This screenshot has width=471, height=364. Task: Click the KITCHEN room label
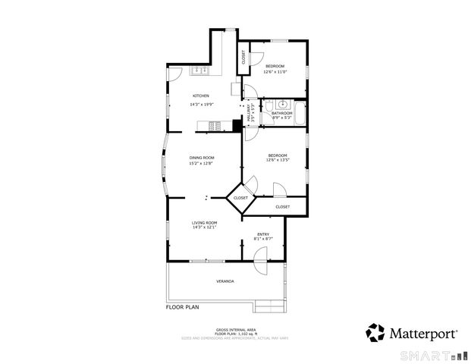pyautogui.click(x=200, y=96)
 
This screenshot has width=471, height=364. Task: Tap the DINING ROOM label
pyautogui.click(x=202, y=157)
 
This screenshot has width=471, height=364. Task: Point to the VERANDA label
pyautogui.click(x=225, y=281)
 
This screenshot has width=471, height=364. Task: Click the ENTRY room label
pyautogui.click(x=263, y=234)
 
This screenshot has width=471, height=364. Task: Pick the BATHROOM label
pyautogui.click(x=281, y=114)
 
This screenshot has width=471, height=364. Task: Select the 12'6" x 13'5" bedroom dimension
pyautogui.click(x=278, y=160)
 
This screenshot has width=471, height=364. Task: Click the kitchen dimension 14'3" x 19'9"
pyautogui.click(x=202, y=105)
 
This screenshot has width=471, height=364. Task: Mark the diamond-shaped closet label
pyautogui.click(x=240, y=198)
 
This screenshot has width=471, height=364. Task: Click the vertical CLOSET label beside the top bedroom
pyautogui.click(x=243, y=56)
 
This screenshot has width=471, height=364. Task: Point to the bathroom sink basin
pyautogui.click(x=282, y=105)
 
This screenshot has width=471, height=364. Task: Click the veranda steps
pyautogui.click(x=268, y=306)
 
